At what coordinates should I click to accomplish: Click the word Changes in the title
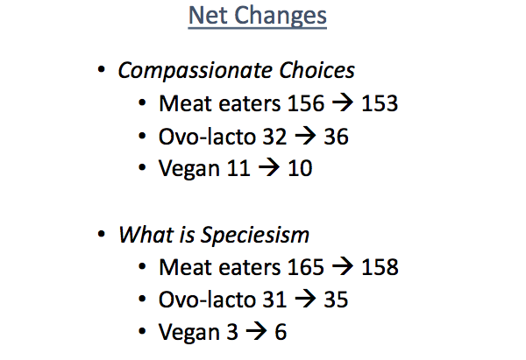pyautogui.click(x=281, y=16)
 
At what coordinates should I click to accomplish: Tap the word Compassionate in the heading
pyautogui.click(x=195, y=71)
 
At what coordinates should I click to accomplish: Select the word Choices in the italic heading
pyautogui.click(x=316, y=70)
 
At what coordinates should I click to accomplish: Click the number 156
pyautogui.click(x=306, y=103)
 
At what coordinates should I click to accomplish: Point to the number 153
pyautogui.click(x=380, y=103)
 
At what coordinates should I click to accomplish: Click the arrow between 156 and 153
pyautogui.click(x=343, y=102)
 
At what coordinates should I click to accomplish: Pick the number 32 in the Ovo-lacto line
pyautogui.click(x=274, y=137)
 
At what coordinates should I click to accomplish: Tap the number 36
pyautogui.click(x=336, y=137)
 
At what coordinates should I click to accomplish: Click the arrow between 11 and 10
pyautogui.click(x=269, y=168)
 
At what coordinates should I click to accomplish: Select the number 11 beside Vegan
pyautogui.click(x=238, y=168)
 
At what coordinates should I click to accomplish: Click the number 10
pyautogui.click(x=300, y=168)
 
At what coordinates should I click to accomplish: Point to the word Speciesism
pyautogui.click(x=254, y=235)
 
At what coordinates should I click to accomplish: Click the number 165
pyautogui.click(x=306, y=267)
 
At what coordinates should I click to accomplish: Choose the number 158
pyautogui.click(x=380, y=267)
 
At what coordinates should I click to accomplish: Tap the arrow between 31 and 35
pyautogui.click(x=305, y=299)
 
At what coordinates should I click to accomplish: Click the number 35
pyautogui.click(x=336, y=300)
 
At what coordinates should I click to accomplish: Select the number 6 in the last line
pyautogui.click(x=281, y=332)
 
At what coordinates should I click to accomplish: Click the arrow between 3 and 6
pyautogui.click(x=256, y=331)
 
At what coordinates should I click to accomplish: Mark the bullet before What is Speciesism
pyautogui.click(x=102, y=234)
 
